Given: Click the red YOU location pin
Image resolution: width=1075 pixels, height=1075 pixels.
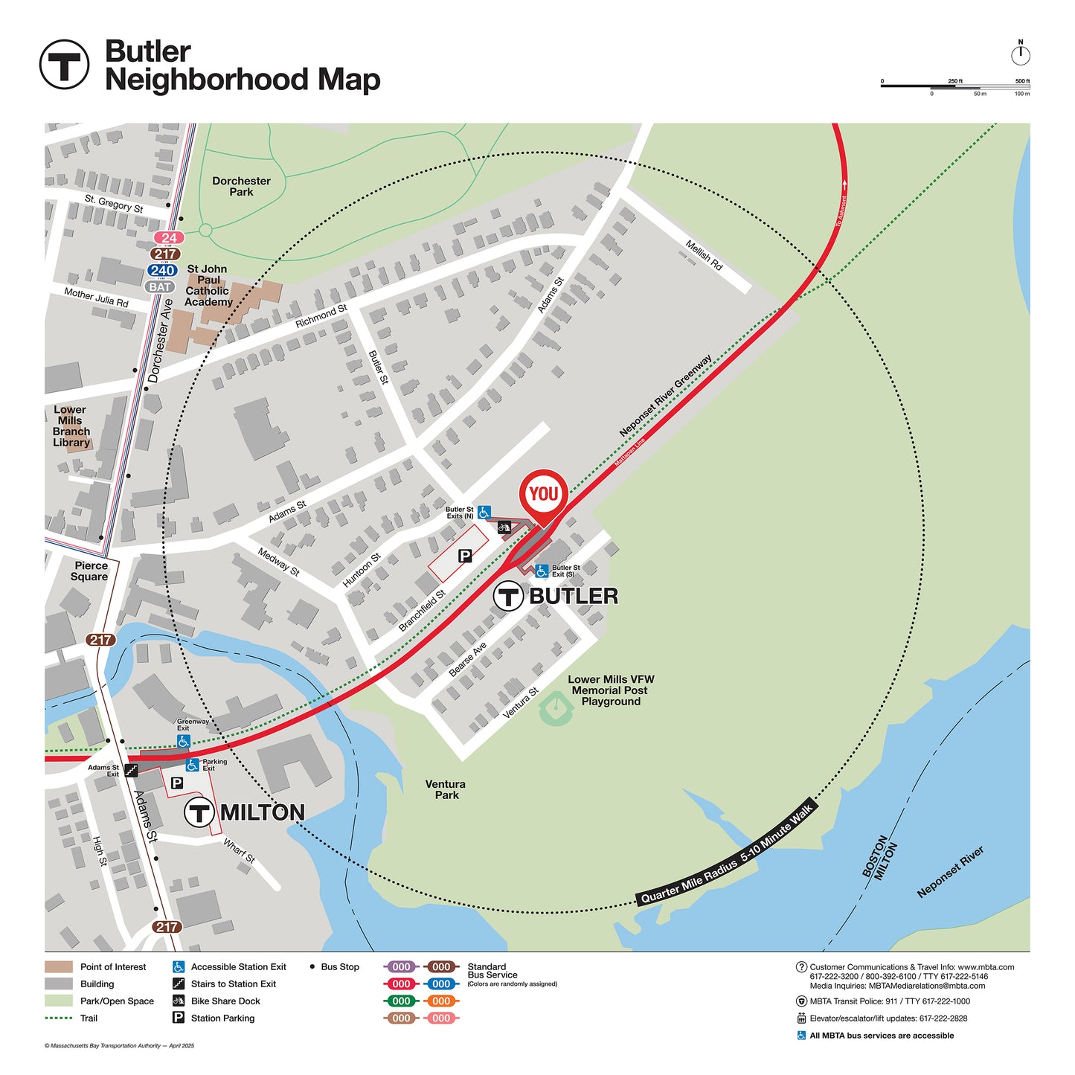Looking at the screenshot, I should pyautogui.click(x=544, y=494).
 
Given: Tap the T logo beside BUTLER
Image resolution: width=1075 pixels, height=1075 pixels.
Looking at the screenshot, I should pyautogui.click(x=509, y=596).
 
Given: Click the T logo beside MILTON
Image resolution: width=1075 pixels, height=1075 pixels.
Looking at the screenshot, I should pyautogui.click(x=199, y=812).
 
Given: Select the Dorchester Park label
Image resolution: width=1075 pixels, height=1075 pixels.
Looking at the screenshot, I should pyautogui.click(x=241, y=186).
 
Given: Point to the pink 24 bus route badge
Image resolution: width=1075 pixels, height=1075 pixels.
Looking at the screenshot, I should pyautogui.click(x=169, y=238).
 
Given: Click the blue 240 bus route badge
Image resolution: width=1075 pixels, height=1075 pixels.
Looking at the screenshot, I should pyautogui.click(x=162, y=271).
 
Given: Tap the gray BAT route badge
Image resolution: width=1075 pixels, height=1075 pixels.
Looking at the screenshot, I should pyautogui.click(x=160, y=287).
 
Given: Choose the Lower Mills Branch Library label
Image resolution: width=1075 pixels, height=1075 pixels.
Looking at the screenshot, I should pyautogui.click(x=71, y=426).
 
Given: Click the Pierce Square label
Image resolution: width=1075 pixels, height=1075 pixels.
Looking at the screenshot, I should pyautogui.click(x=90, y=571).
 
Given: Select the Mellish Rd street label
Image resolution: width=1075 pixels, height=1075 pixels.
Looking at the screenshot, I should pyautogui.click(x=704, y=255).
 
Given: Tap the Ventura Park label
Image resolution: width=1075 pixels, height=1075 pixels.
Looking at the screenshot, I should pyautogui.click(x=446, y=789).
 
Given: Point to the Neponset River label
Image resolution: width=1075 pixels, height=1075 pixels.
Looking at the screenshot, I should pyautogui.click(x=950, y=871).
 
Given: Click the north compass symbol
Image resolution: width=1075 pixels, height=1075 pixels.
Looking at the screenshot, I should pyautogui.click(x=1021, y=54).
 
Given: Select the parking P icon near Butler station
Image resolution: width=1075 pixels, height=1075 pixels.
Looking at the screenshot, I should pyautogui.click(x=465, y=556).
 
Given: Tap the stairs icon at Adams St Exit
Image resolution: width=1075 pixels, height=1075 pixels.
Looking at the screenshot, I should pyautogui.click(x=132, y=771).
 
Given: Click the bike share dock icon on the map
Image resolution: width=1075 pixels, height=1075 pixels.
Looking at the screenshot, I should pyautogui.click(x=504, y=527).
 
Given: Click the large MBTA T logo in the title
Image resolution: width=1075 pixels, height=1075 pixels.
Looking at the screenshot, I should pyautogui.click(x=64, y=65).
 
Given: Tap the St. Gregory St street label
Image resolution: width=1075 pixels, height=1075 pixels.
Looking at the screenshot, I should pyautogui.click(x=114, y=203).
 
